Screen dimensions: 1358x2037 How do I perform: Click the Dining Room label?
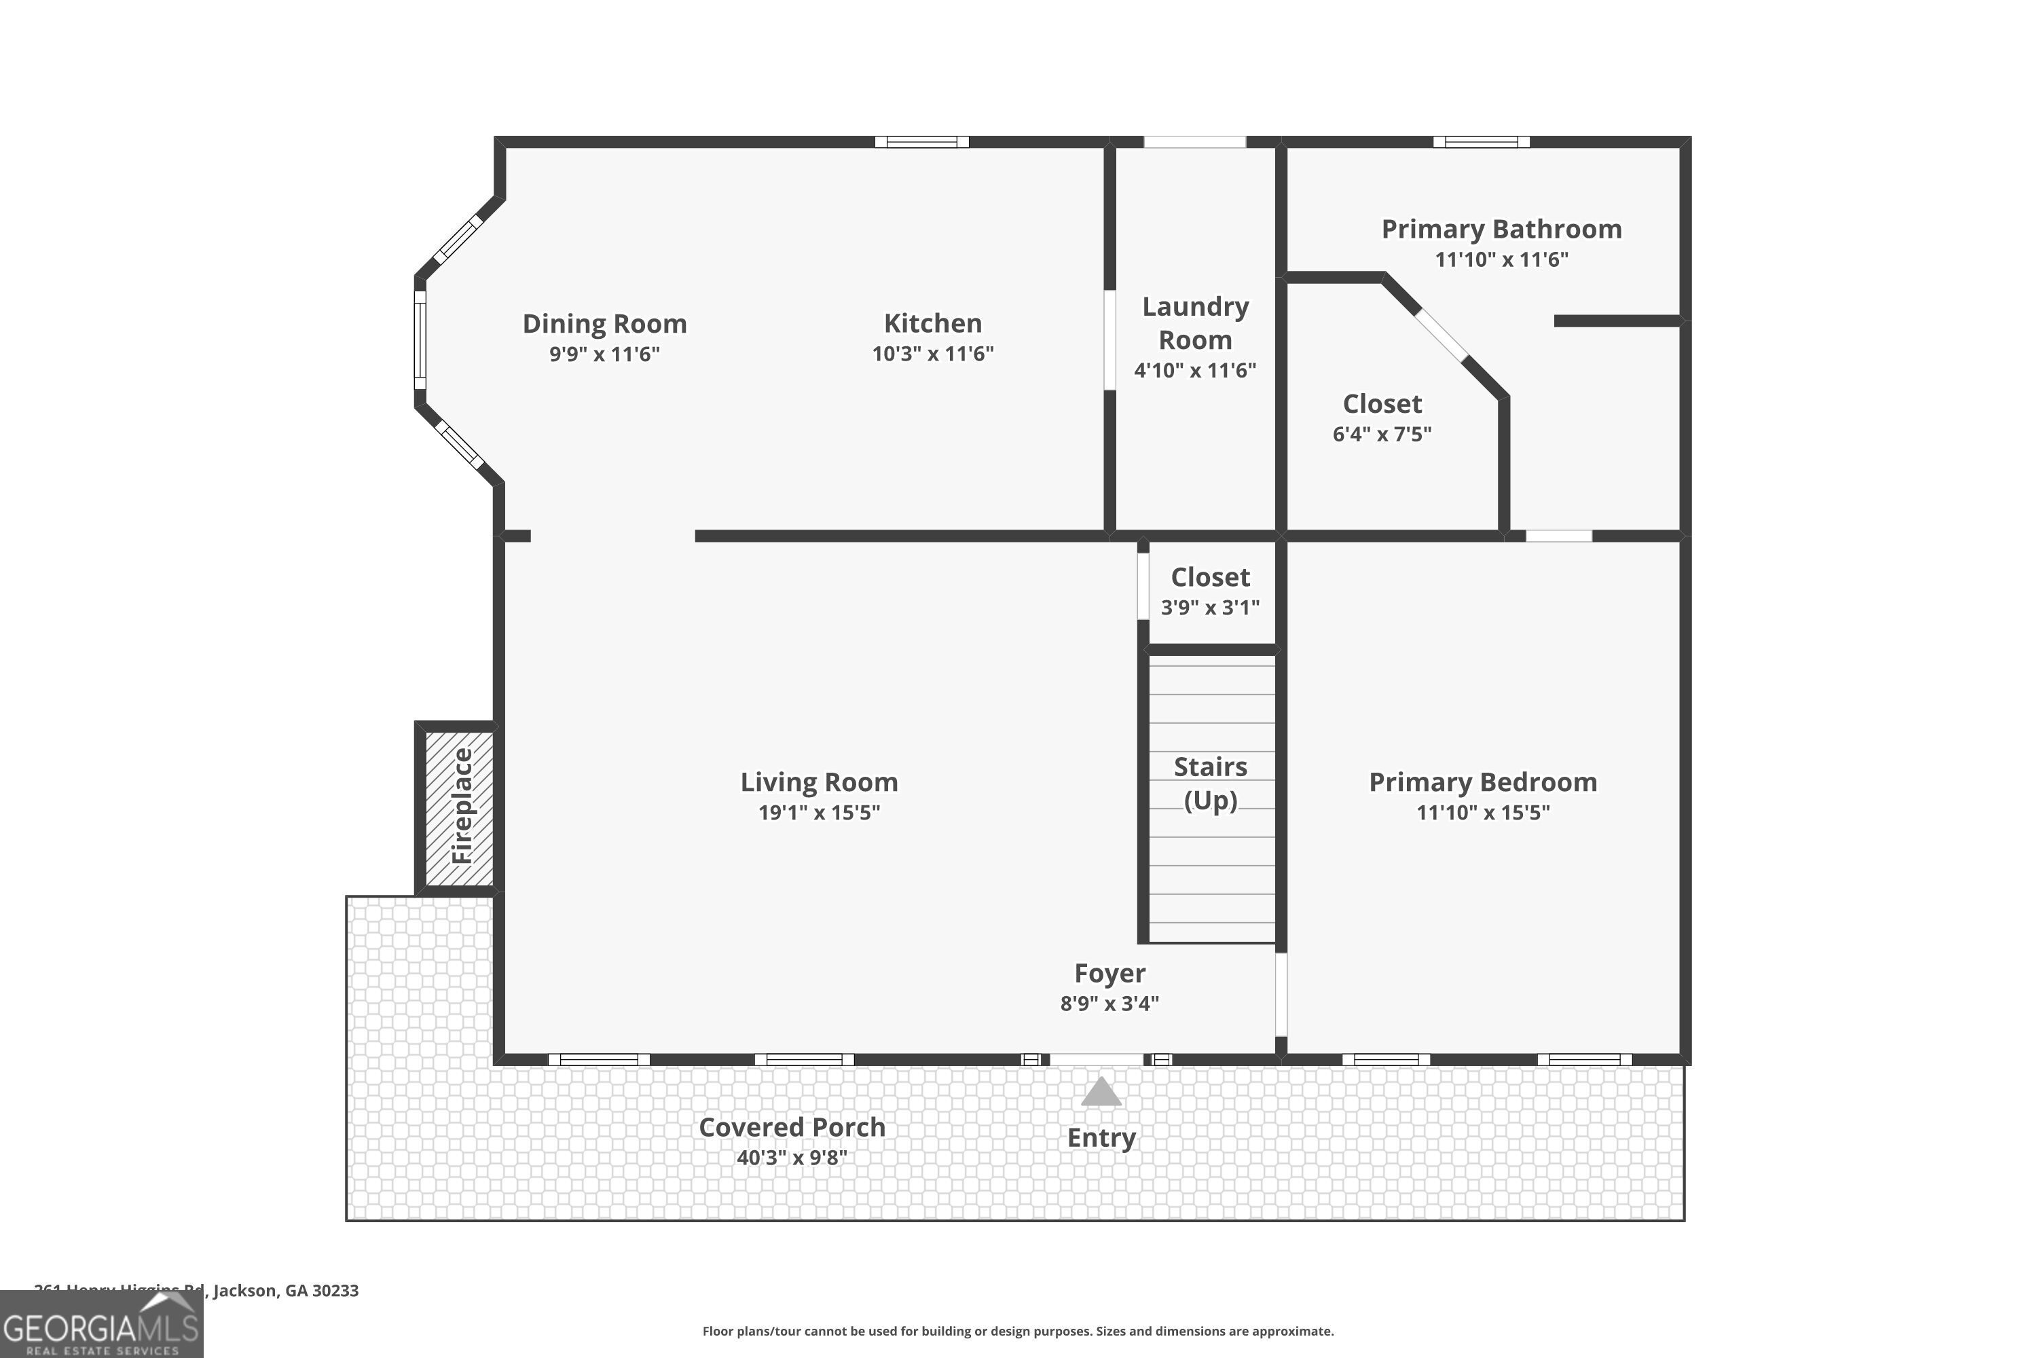click(x=604, y=324)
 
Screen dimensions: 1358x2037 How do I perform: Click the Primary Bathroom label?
click(x=1501, y=230)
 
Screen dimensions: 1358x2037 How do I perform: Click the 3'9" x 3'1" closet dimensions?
click(x=1210, y=607)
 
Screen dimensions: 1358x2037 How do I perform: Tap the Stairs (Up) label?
click(x=1210, y=783)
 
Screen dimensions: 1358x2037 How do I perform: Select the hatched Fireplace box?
click(x=460, y=807)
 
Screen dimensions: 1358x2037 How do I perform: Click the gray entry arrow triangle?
click(x=1101, y=1092)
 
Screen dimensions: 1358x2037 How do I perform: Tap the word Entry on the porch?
click(x=1101, y=1137)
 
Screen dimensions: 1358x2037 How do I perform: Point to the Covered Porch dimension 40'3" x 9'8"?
click(x=792, y=1157)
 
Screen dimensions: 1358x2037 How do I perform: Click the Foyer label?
click(x=1109, y=974)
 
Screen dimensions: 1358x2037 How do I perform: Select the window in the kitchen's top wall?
click(x=921, y=142)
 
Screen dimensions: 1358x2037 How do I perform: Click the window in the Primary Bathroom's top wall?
click(x=1481, y=142)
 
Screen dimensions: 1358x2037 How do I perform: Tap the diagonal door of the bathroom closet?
click(x=1441, y=335)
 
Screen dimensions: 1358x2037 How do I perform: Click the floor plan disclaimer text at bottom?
click(x=1018, y=1331)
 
